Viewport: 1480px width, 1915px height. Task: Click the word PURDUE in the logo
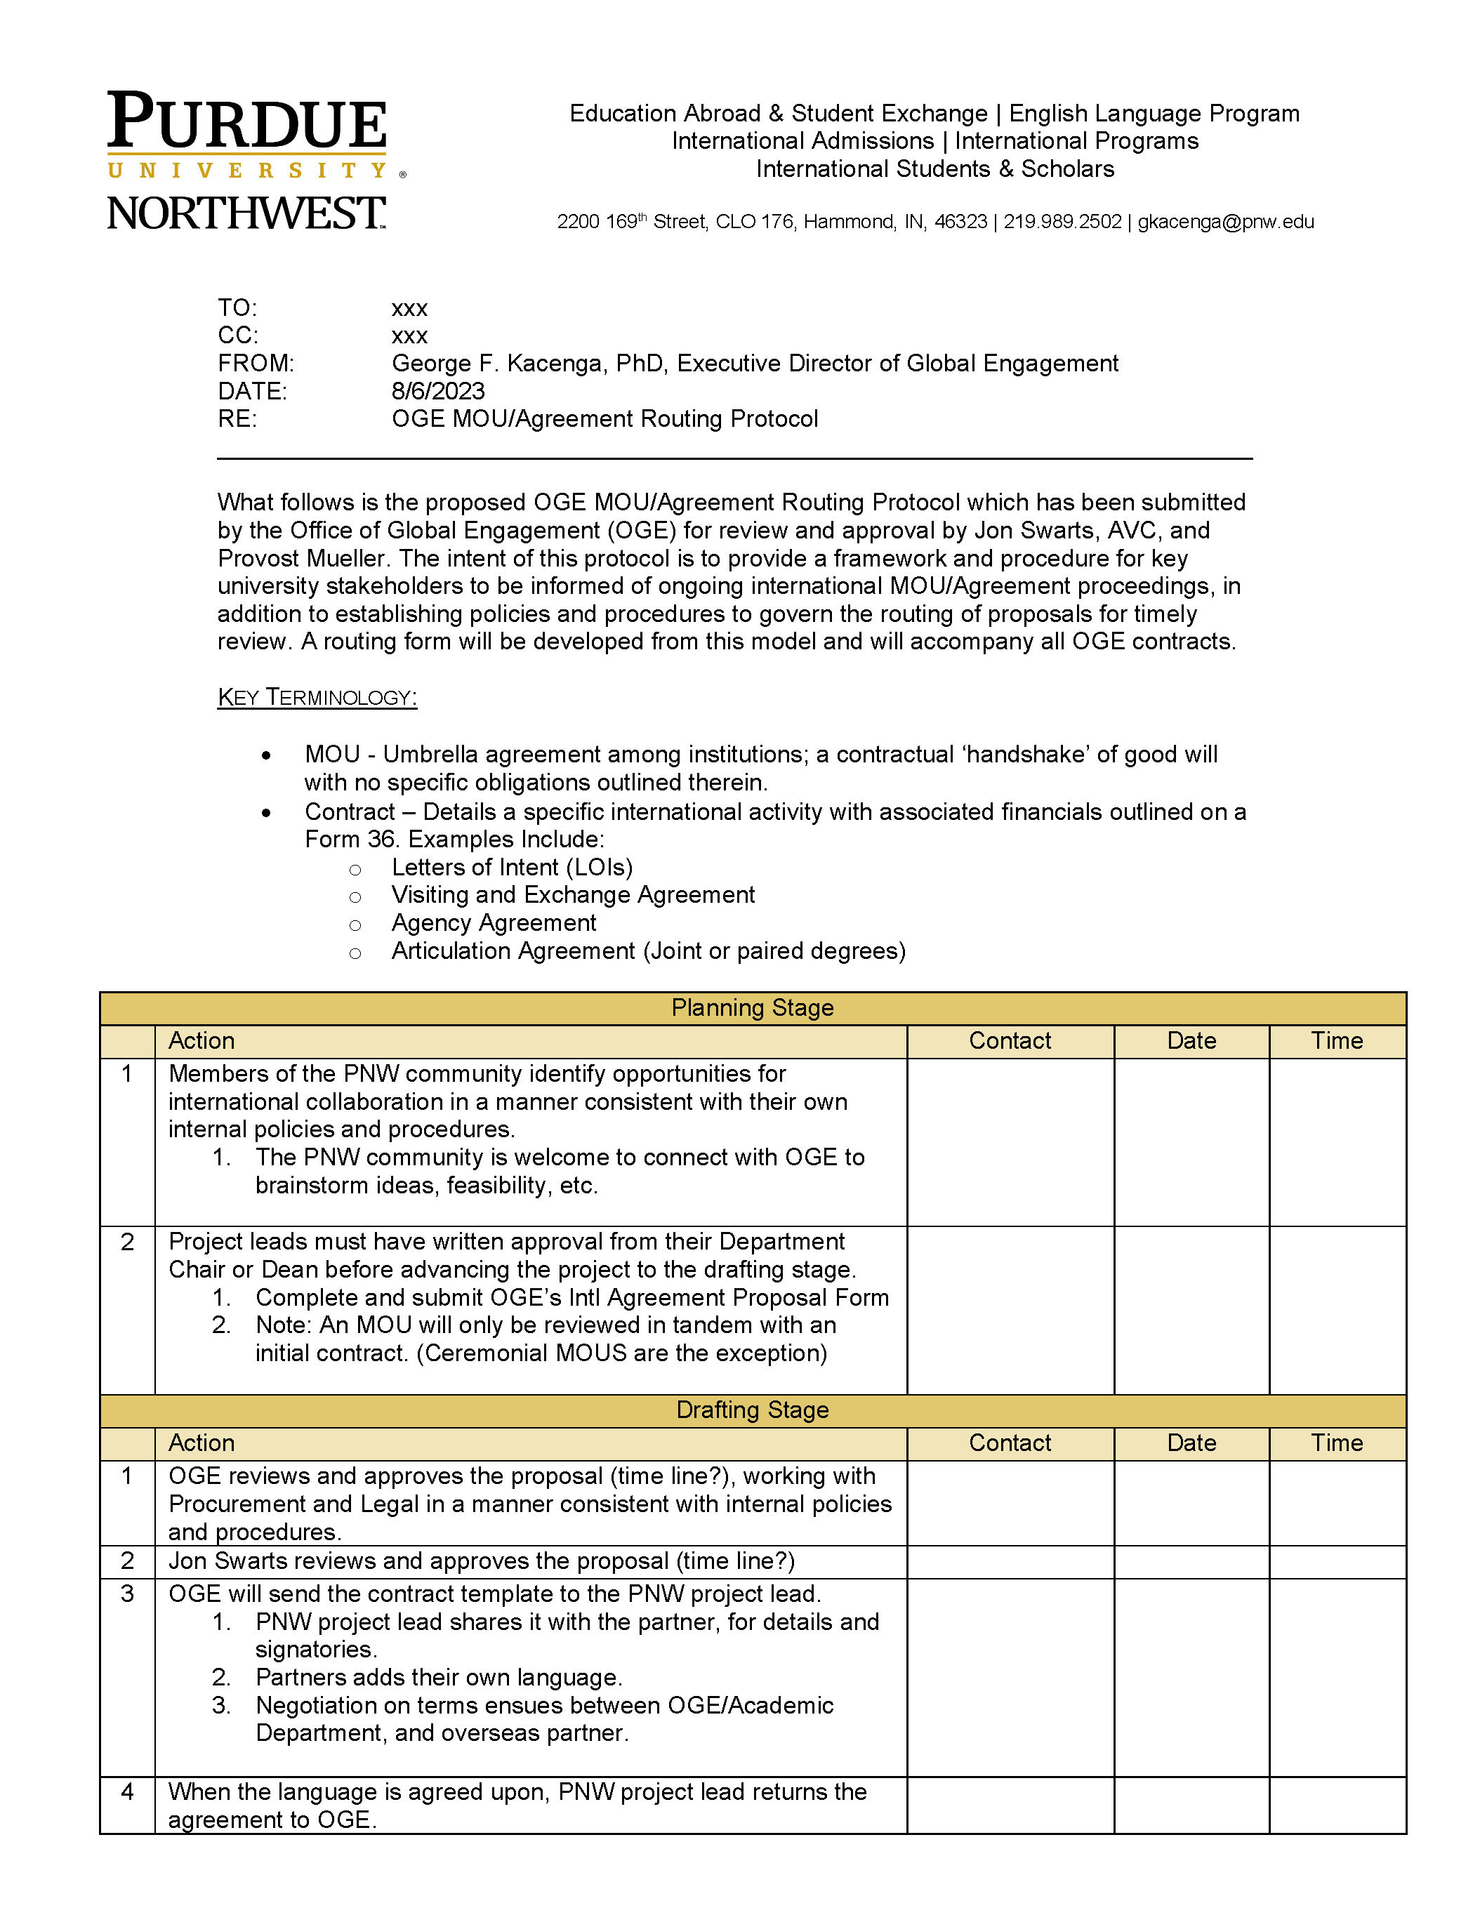click(246, 122)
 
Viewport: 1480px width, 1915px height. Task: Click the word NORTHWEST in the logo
click(246, 213)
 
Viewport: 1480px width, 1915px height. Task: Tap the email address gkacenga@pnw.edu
click(1225, 222)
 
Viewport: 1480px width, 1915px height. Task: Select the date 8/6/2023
click(437, 391)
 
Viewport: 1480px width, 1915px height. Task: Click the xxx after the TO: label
click(409, 309)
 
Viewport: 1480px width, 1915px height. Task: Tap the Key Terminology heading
click(317, 697)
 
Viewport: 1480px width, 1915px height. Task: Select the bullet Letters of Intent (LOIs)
click(511, 867)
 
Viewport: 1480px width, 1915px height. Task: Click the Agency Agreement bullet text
click(494, 922)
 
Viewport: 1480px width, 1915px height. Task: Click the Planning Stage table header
click(751, 1007)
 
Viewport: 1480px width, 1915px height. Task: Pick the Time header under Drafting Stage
click(1336, 1443)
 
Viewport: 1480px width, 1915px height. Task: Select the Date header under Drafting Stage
click(1191, 1443)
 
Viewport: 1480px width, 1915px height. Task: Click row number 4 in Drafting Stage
click(127, 1791)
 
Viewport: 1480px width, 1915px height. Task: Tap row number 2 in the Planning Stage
click(127, 1242)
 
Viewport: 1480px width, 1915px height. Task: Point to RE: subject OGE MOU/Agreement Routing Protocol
click(604, 418)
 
